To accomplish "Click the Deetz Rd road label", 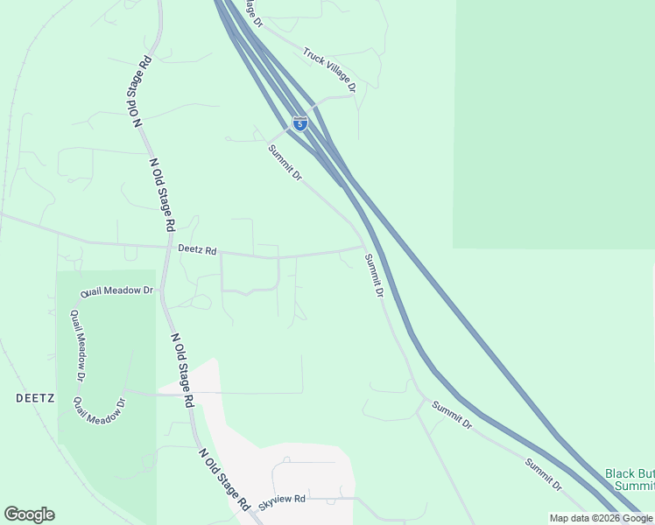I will click(197, 250).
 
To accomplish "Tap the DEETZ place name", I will click(35, 397).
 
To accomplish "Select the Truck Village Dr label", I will click(329, 70).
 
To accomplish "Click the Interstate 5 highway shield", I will click(300, 123).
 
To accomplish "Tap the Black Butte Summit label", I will click(630, 479).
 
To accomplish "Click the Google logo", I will click(29, 514).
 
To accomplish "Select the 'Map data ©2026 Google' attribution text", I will click(601, 518).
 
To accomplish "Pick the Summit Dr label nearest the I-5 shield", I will click(285, 163).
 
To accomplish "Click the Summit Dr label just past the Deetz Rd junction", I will click(374, 276).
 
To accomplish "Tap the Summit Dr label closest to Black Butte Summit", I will click(544, 474).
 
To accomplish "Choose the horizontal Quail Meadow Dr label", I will click(116, 290).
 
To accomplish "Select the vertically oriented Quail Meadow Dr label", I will click(77, 346).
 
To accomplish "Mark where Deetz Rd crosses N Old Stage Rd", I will click(167, 247).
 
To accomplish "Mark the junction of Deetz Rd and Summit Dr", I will click(363, 248).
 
